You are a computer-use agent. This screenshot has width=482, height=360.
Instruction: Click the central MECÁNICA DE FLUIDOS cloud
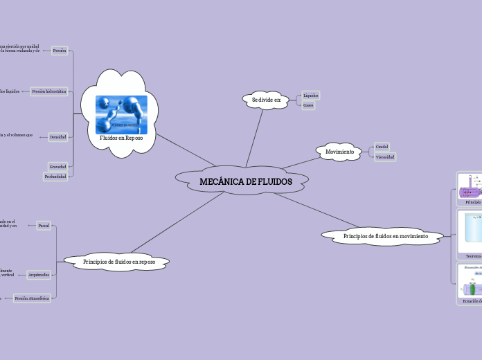[x=245, y=181]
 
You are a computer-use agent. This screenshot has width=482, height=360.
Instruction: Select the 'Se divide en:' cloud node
[x=266, y=100]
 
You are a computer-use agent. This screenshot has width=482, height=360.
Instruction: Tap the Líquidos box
[x=311, y=95]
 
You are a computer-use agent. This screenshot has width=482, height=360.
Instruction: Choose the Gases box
[x=309, y=105]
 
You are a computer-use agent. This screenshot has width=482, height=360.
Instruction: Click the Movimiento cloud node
[x=339, y=151]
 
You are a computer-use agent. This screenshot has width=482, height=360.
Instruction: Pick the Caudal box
[x=382, y=146]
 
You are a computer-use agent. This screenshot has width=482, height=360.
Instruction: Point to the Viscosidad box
[x=385, y=157]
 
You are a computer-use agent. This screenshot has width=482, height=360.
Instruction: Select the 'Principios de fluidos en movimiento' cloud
[x=385, y=236]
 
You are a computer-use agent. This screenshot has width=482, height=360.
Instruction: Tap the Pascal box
[x=43, y=226]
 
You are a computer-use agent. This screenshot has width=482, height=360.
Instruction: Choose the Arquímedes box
[x=38, y=275]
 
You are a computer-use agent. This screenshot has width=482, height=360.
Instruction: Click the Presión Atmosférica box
[x=32, y=298]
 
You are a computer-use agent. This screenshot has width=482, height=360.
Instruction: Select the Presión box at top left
[x=60, y=51]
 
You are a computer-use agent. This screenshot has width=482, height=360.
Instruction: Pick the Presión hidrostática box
[x=49, y=91]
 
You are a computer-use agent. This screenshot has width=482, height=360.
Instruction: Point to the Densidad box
[x=58, y=137]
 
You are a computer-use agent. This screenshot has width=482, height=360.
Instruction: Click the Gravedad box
[x=58, y=166]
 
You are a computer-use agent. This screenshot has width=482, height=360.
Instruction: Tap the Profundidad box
[x=55, y=177]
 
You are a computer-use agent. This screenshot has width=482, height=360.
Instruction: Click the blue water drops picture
[x=121, y=114]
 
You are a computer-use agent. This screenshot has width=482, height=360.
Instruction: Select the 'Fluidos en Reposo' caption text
[x=121, y=138]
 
